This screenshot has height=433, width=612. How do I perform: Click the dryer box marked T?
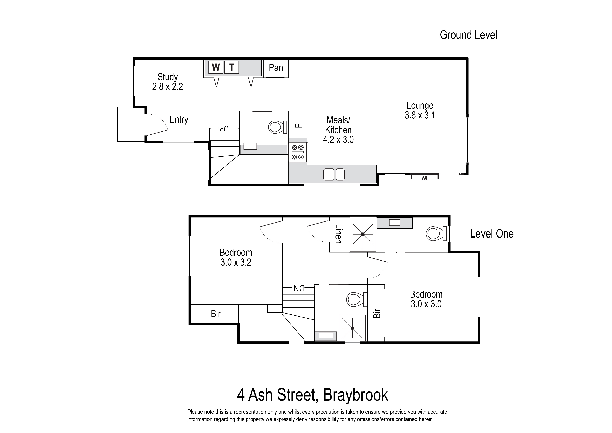(232, 67)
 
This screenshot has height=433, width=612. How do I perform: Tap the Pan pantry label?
(276, 68)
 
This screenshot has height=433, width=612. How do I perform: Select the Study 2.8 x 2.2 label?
(167, 82)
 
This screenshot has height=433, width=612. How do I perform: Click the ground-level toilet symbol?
(276, 127)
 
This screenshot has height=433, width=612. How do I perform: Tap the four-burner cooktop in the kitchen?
(298, 152)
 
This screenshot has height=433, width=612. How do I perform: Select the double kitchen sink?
(334, 175)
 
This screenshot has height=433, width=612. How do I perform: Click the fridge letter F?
(300, 125)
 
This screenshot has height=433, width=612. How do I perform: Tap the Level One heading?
(491, 234)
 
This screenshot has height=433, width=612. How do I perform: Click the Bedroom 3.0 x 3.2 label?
(236, 257)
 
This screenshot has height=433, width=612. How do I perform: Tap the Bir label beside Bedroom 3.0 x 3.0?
(376, 313)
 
